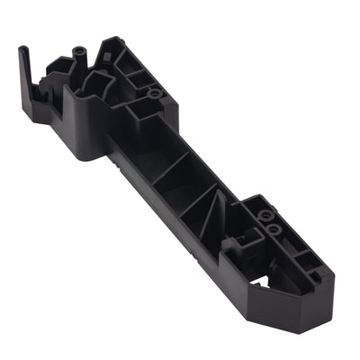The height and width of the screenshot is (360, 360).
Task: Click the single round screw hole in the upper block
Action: pyautogui.click(x=156, y=93)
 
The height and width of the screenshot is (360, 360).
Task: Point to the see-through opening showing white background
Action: pyautogui.click(x=258, y=281)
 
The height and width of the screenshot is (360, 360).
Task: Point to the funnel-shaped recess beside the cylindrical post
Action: pyautogui.click(x=94, y=83)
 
